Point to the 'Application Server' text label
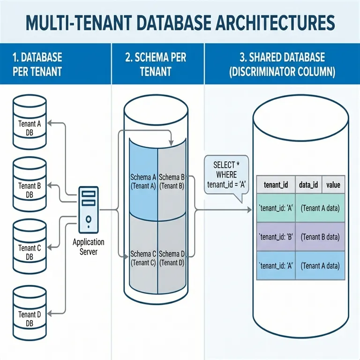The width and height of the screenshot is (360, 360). (x=88, y=247)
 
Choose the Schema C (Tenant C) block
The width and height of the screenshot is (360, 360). (x=142, y=258)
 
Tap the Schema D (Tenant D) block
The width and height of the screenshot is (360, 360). (x=172, y=258)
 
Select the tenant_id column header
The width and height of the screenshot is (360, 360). (x=276, y=185)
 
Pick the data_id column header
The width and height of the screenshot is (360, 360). (x=308, y=185)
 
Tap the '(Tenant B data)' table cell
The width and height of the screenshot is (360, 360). (x=320, y=237)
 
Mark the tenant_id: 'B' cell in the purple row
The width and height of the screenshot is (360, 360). (x=276, y=237)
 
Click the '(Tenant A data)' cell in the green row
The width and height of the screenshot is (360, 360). (x=320, y=209)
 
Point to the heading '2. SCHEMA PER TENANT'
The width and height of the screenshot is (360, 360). (x=156, y=65)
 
